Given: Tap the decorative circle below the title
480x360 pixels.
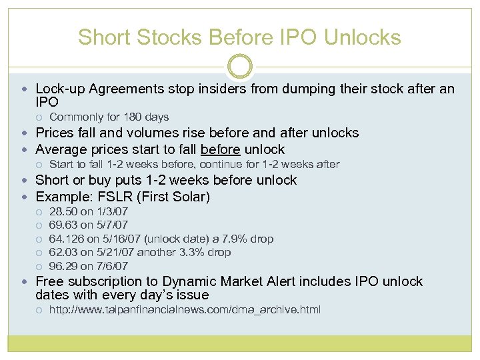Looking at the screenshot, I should pos(240,66).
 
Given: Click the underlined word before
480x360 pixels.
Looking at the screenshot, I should pos(221,149).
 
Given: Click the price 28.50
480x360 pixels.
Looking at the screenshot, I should pos(63,211).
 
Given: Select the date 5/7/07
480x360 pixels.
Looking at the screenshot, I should pos(113,225).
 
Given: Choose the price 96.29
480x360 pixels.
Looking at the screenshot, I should pos(63,266).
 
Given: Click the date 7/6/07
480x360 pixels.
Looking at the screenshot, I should pos(113,266).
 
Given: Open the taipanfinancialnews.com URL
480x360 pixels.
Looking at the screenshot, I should pos(185,309).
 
